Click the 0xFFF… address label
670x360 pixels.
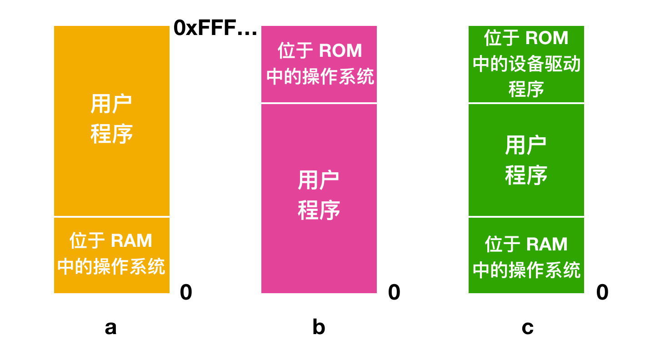pyautogui.click(x=215, y=28)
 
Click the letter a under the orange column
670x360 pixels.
pyautogui.click(x=110, y=328)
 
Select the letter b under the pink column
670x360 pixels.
pyautogui.click(x=319, y=326)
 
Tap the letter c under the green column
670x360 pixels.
pyautogui.click(x=528, y=328)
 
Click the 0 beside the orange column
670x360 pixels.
pyautogui.click(x=186, y=292)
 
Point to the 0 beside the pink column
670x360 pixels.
pyautogui.click(x=394, y=292)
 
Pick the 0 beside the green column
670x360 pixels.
pyautogui.click(x=602, y=292)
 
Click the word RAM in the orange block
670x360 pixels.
pyautogui.click(x=131, y=241)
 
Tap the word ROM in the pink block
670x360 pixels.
pyautogui.click(x=340, y=50)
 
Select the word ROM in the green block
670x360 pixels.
pyautogui.click(x=547, y=38)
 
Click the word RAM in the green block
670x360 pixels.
pyautogui.click(x=547, y=244)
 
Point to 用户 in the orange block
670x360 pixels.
pyautogui.click(x=111, y=104)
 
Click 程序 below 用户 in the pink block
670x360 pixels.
pyautogui.click(x=319, y=210)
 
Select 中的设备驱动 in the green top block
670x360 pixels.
pyautogui.click(x=527, y=64)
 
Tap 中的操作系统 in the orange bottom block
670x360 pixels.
pyautogui.click(x=111, y=266)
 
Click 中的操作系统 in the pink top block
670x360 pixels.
pyautogui.click(x=320, y=76)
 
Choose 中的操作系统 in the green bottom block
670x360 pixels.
pyautogui.click(x=527, y=270)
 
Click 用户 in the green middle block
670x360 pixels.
pyautogui.click(x=526, y=145)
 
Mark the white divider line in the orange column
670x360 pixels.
pyautogui.click(x=112, y=217)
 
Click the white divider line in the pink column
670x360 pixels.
pyautogui.click(x=319, y=103)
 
